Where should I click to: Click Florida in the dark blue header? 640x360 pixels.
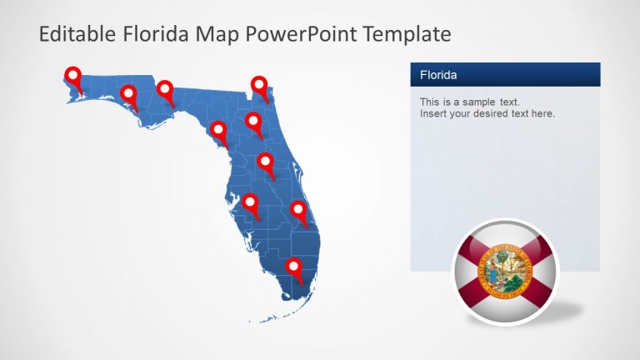tap(438, 75)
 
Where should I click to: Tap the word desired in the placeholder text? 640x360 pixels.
tap(496, 113)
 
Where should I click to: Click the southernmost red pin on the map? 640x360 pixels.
tap(293, 266)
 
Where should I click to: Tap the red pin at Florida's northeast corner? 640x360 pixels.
tap(260, 84)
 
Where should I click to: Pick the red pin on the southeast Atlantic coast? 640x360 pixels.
tap(298, 209)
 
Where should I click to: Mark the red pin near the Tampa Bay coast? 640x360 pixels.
tap(248, 202)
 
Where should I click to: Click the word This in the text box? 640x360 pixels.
tap(430, 102)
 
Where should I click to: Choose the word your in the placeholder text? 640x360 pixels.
tap(463, 113)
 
